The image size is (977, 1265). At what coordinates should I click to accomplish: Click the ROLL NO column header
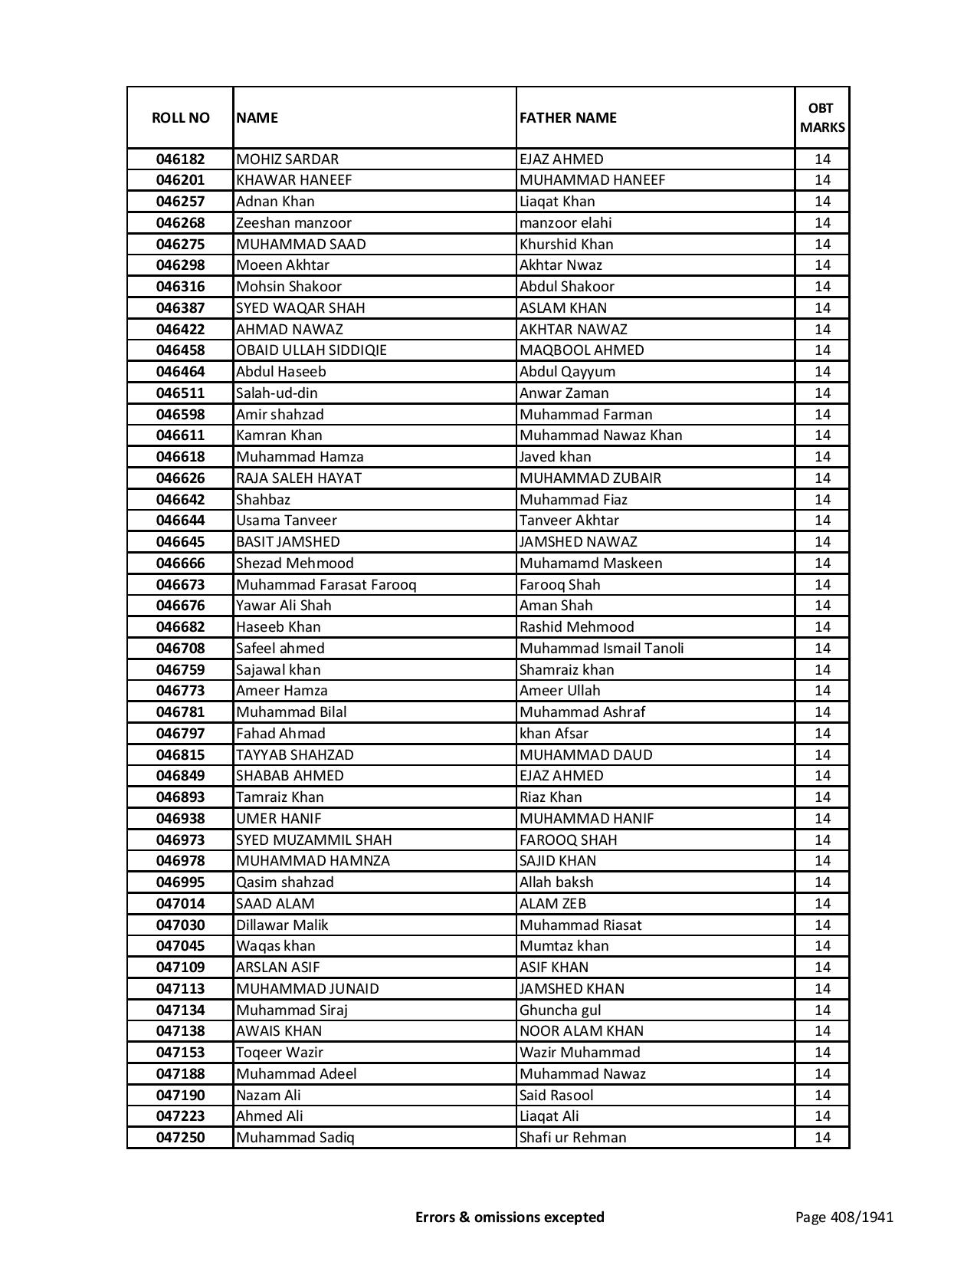[180, 117]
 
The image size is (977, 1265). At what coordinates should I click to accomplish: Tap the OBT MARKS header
[822, 117]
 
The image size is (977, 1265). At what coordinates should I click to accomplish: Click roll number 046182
[180, 159]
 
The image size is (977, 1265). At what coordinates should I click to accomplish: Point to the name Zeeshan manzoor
[293, 223]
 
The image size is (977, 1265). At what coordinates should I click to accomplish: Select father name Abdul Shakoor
[566, 287]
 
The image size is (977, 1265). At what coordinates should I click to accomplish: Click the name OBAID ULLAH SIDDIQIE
[311, 350]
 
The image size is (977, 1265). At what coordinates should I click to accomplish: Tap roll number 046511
[180, 393]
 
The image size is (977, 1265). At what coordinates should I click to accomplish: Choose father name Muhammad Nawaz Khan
[600, 435]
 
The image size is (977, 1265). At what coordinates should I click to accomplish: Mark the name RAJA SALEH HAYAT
[299, 478]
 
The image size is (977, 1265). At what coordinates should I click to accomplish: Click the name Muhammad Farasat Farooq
[326, 585]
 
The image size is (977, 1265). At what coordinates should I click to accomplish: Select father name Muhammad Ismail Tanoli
[602, 649]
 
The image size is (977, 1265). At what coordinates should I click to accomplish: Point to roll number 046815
[180, 755]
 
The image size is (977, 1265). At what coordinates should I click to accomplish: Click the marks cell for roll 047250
[822, 1138]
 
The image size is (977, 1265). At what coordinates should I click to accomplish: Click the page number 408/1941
[844, 1217]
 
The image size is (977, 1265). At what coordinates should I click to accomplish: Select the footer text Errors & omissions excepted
[510, 1217]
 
